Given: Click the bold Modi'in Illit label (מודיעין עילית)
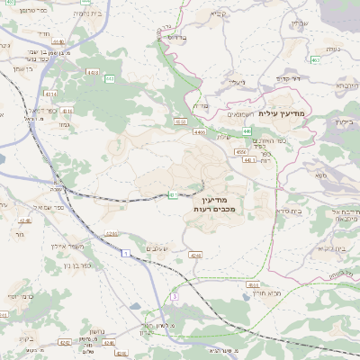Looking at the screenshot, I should tap(282, 113).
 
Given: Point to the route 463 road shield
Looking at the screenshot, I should tap(315, 60).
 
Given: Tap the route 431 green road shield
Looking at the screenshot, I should tap(172, 194).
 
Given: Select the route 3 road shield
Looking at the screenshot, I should tap(175, 296).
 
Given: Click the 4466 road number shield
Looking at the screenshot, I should tap(198, 131).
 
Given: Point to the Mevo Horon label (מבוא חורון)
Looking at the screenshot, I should tap(242, 293).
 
